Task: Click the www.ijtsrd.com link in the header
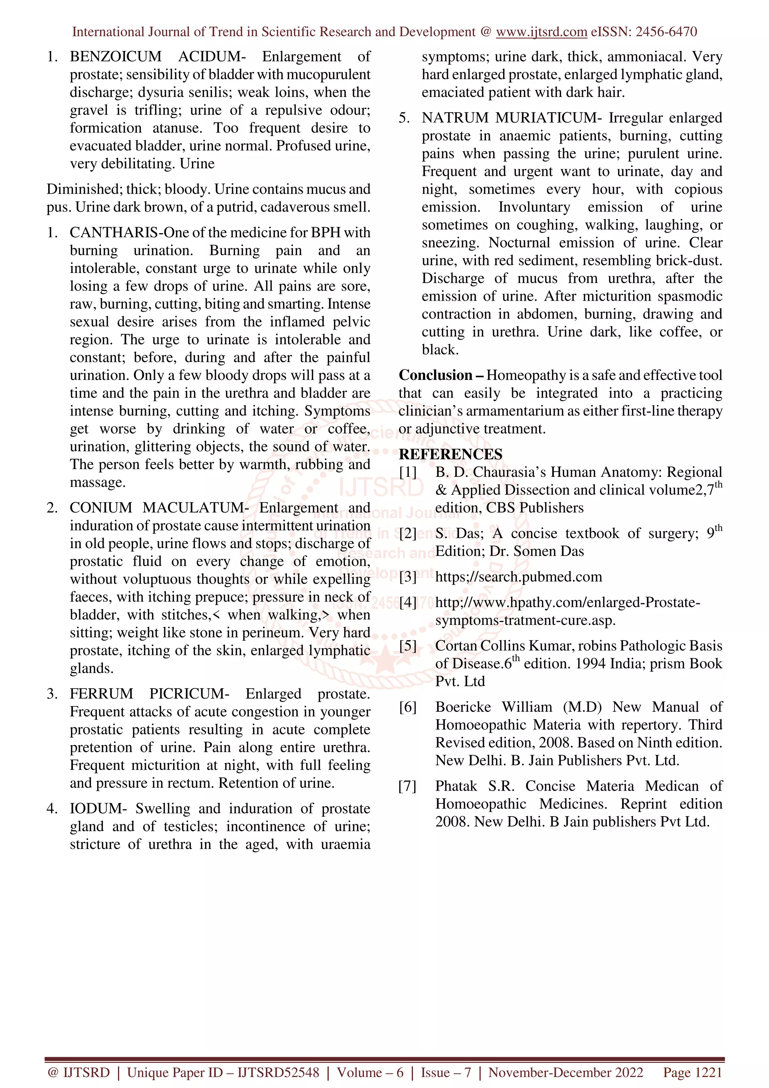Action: click(541, 32)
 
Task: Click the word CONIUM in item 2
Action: click(101, 508)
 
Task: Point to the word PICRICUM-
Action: click(189, 694)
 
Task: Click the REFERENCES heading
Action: click(451, 454)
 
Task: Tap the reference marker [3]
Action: click(407, 577)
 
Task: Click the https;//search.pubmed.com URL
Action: click(518, 577)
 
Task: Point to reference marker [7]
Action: click(407, 786)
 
